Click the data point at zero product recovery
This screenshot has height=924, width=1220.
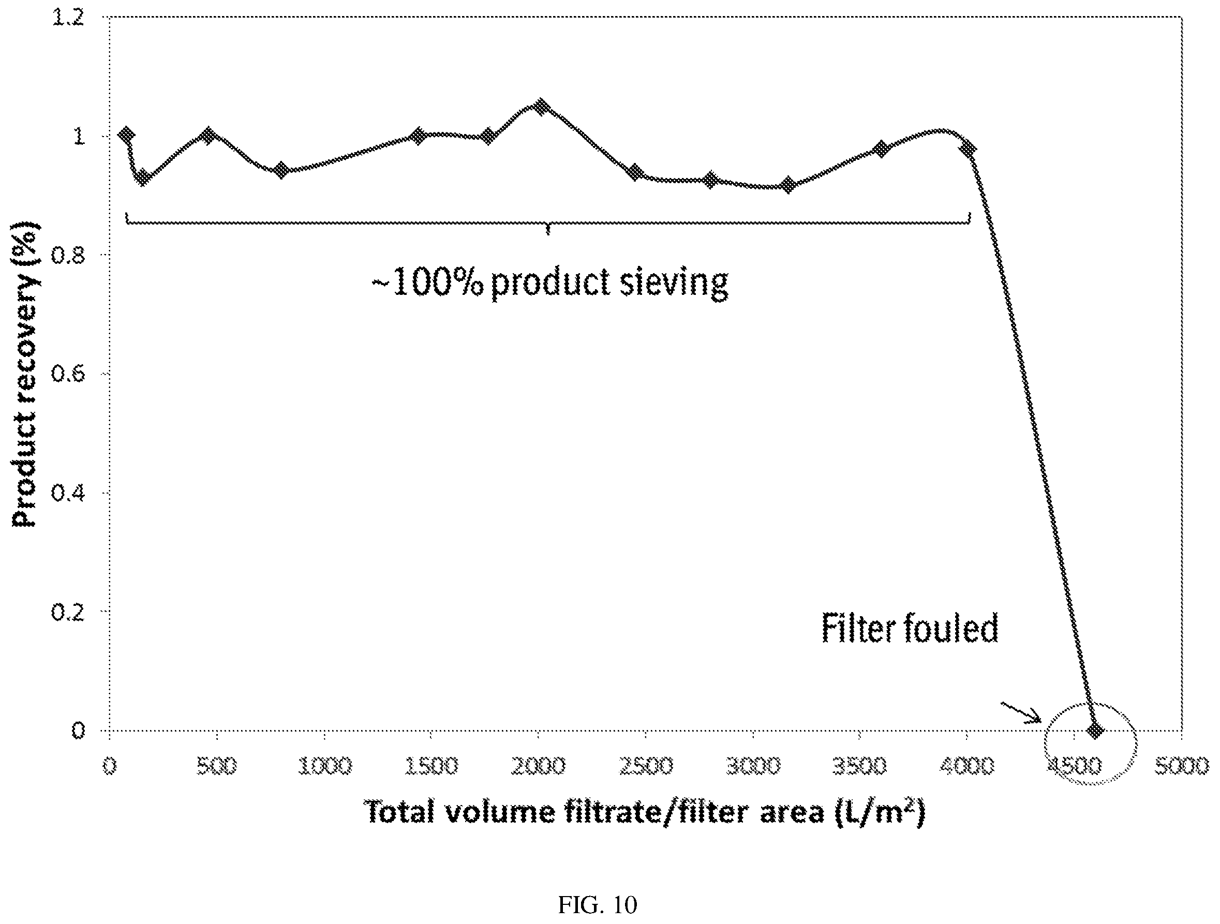[x=1095, y=731]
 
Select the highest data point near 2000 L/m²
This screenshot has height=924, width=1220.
[x=542, y=106]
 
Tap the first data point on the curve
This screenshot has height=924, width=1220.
[x=127, y=134]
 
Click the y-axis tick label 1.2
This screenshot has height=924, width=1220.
[x=68, y=17]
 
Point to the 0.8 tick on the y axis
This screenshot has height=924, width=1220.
[x=68, y=255]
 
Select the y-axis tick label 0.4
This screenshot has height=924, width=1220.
[x=68, y=493]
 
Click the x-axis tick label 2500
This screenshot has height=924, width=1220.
[x=646, y=766]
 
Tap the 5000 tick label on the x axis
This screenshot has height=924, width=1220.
[x=1181, y=766]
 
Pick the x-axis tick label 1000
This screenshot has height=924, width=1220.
[x=324, y=766]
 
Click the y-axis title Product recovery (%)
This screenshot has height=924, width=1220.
[x=25, y=374]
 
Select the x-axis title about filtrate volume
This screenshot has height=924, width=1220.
[x=644, y=813]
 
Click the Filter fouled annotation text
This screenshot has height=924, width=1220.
[x=910, y=628]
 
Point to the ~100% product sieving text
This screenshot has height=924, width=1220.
[x=550, y=283]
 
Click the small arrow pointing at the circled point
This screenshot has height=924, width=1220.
[x=1020, y=712]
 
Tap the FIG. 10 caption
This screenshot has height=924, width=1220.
[x=597, y=905]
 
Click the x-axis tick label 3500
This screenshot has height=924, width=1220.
[x=860, y=766]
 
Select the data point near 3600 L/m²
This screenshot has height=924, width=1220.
[x=881, y=148]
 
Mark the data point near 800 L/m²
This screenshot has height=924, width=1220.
[x=281, y=170]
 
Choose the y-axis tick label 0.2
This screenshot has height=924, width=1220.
[x=68, y=612]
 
